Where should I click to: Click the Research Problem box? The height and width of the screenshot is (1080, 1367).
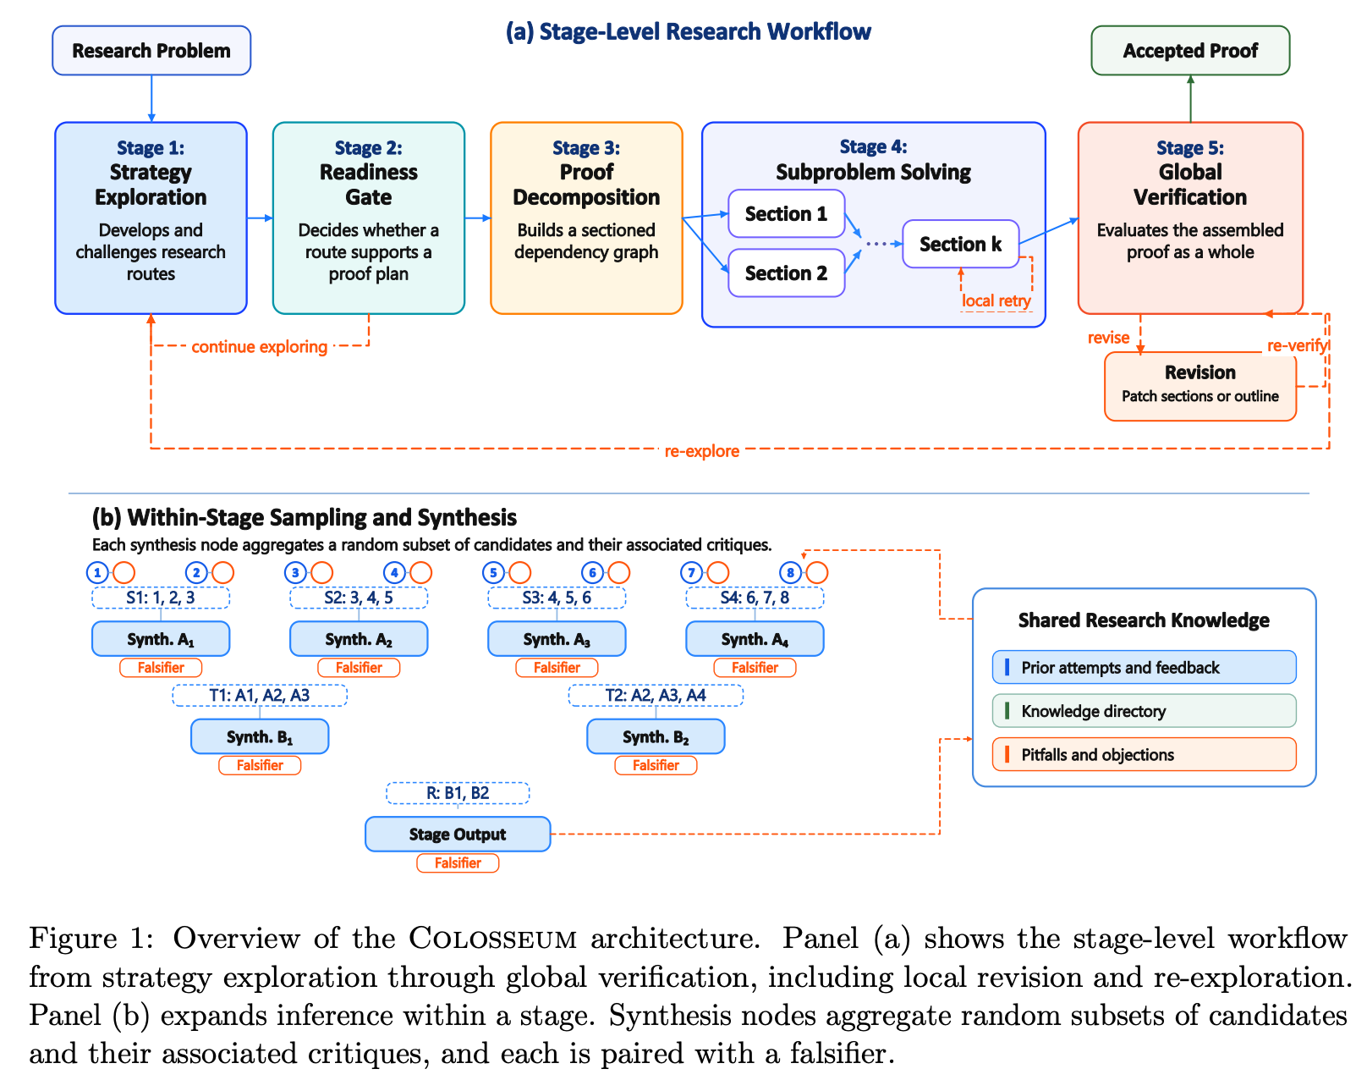coord(151,50)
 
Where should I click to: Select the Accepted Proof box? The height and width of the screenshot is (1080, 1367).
coord(1189,50)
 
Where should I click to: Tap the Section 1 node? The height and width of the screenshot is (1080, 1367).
coord(786,213)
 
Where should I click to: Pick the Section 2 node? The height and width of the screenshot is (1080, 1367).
coord(786,273)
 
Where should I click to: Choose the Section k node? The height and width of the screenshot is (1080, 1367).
coord(960,244)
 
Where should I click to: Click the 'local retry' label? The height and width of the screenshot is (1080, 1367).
coord(996,300)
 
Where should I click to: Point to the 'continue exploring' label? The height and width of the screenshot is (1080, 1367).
coord(259,346)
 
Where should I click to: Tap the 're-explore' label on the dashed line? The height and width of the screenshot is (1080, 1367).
coord(701,450)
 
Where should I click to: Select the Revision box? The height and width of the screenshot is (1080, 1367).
coord(1200,386)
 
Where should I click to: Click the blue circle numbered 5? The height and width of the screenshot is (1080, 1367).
coord(493,573)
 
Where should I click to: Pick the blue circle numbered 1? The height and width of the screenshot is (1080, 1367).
coord(97,573)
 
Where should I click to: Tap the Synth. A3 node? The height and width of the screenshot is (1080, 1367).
coord(557,639)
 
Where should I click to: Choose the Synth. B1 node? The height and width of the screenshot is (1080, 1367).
coord(260,736)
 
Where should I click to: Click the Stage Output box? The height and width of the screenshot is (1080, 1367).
coord(458,834)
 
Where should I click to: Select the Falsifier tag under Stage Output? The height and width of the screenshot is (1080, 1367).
coord(458,862)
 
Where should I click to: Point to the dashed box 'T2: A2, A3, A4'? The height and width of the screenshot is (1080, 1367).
coord(656,695)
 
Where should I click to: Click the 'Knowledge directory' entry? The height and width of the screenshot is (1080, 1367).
coord(1144,711)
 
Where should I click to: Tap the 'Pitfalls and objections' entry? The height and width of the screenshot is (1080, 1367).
coord(1144,754)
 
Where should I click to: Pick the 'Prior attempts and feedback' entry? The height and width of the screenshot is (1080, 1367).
coord(1144,668)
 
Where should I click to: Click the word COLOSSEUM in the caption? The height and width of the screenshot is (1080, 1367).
coord(493,939)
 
